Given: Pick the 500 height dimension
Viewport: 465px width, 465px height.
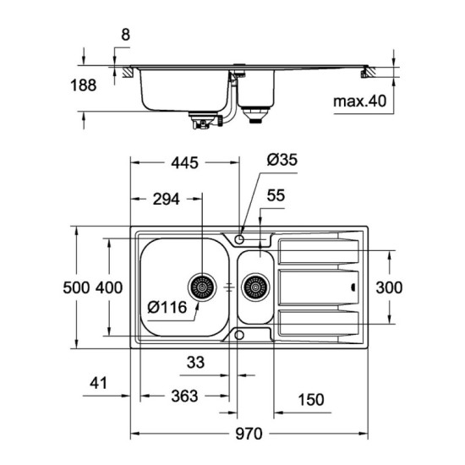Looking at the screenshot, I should [x=77, y=287].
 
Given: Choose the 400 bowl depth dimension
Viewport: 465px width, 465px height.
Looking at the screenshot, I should [x=109, y=287].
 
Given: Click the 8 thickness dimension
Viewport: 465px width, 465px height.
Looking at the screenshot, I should [x=126, y=36].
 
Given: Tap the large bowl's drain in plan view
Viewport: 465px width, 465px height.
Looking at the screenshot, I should [x=203, y=288].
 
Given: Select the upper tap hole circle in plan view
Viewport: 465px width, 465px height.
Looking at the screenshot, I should [x=241, y=239].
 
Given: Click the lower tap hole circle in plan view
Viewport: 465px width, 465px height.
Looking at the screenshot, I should [x=241, y=336].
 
